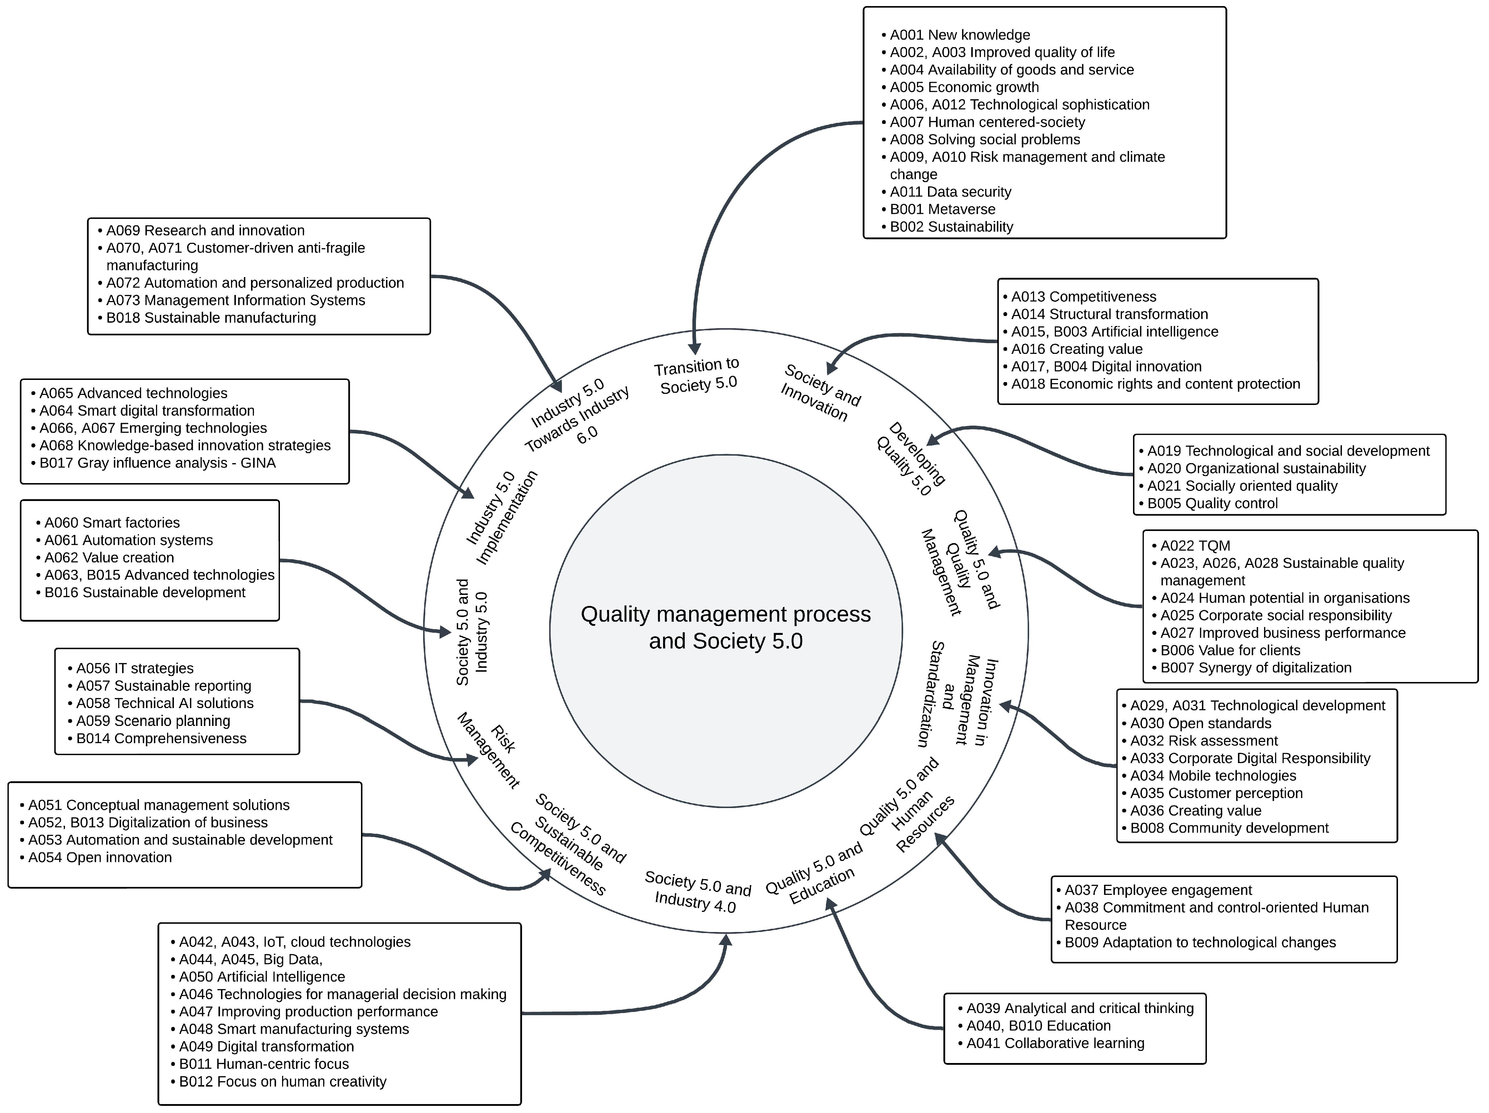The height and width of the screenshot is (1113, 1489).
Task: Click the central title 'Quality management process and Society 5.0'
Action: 726,627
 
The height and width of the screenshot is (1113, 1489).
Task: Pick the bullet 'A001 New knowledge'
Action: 959,35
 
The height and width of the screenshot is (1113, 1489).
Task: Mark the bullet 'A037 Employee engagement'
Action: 1158,890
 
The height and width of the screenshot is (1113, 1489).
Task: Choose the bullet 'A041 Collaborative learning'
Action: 1055,1044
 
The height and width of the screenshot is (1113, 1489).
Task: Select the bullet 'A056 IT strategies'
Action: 134,668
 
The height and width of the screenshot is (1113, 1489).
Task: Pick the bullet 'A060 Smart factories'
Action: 112,523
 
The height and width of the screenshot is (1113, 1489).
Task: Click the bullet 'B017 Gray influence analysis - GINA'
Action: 157,463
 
